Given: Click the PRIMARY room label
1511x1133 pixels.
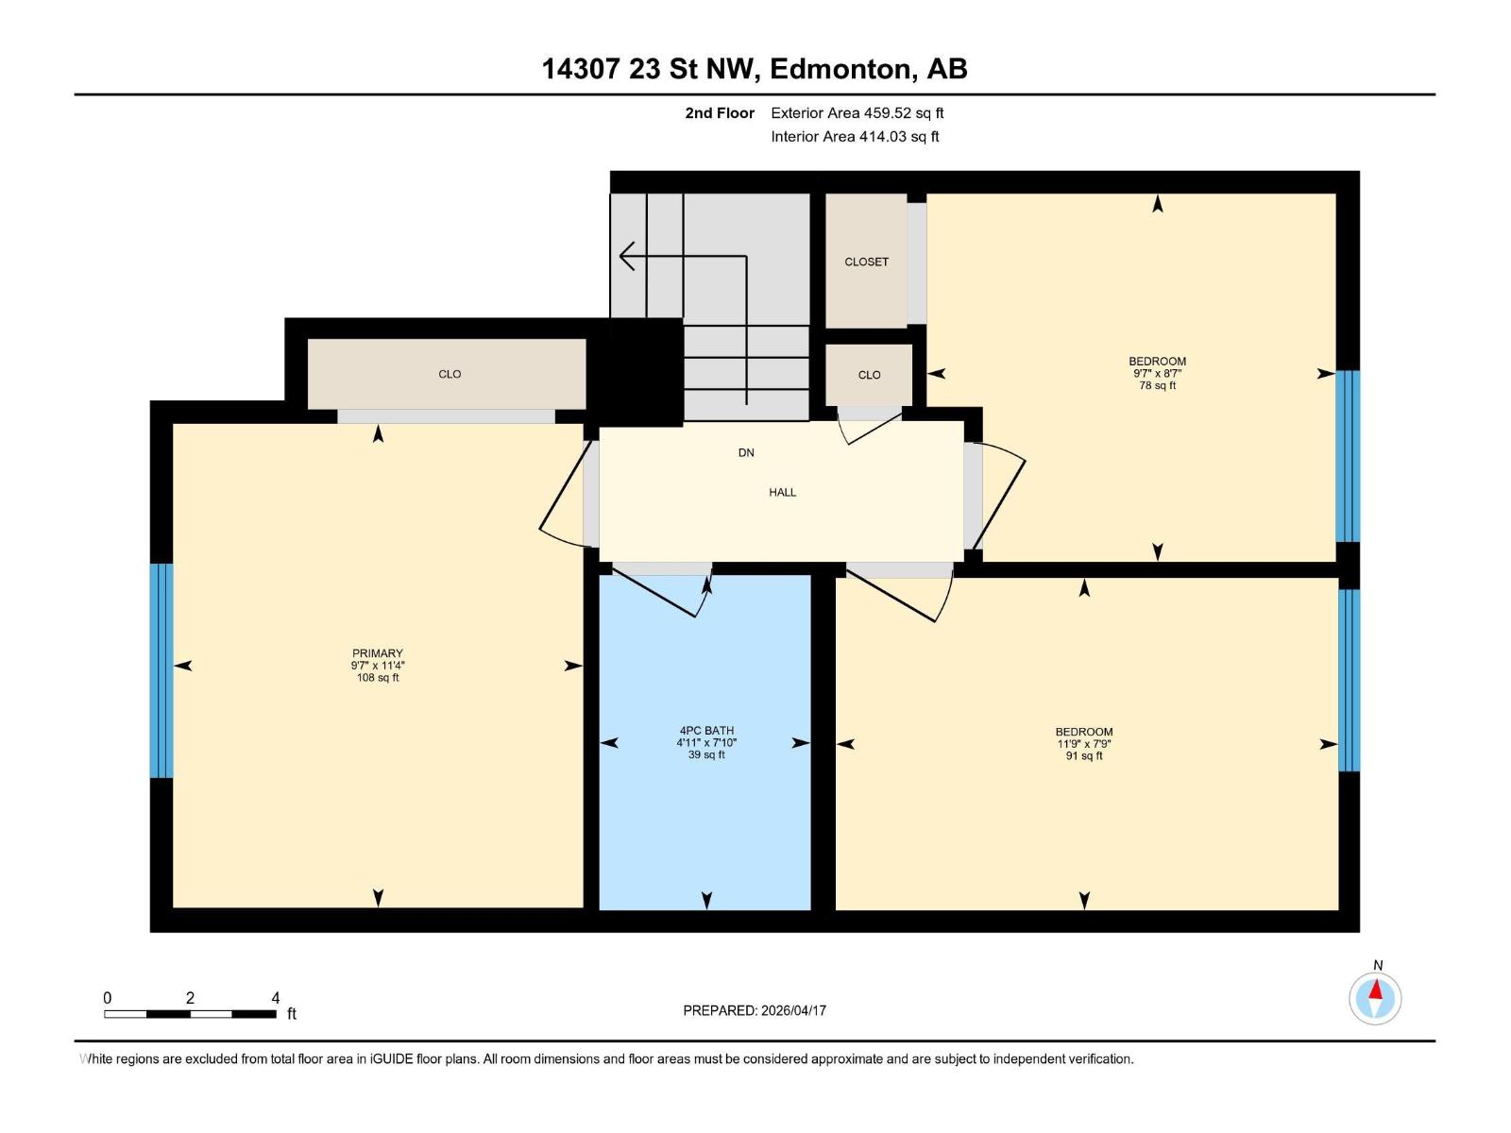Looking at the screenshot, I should click(x=378, y=653).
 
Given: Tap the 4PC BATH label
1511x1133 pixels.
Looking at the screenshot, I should click(x=706, y=731).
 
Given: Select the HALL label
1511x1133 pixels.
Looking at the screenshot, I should click(x=782, y=492).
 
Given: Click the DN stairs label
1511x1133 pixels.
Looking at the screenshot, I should click(x=746, y=453).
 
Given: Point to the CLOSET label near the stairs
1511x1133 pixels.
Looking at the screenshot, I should click(x=866, y=262).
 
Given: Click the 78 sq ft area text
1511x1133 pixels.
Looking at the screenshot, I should click(x=1157, y=385).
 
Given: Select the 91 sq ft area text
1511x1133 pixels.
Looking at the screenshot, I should click(x=1084, y=755).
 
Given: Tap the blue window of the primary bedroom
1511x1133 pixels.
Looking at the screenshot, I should click(x=161, y=670).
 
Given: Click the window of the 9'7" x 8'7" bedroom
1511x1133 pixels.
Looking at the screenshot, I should click(x=1348, y=456).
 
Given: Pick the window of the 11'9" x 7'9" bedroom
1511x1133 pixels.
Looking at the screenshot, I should click(x=1349, y=680).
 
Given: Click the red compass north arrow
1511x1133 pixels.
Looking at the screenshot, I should click(x=1376, y=991).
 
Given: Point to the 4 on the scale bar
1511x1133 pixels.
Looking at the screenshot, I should click(x=275, y=998).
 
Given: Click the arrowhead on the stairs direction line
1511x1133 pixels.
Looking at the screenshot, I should click(x=625, y=256).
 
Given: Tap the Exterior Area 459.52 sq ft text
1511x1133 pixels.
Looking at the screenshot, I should click(x=857, y=113).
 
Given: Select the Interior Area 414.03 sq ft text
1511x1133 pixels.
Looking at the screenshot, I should click(x=855, y=137).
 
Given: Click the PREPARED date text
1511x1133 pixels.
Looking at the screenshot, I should click(x=755, y=1010).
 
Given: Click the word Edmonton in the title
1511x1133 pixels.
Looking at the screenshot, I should click(x=841, y=69).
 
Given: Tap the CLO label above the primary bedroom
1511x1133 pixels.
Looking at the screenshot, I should click(x=450, y=374).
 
